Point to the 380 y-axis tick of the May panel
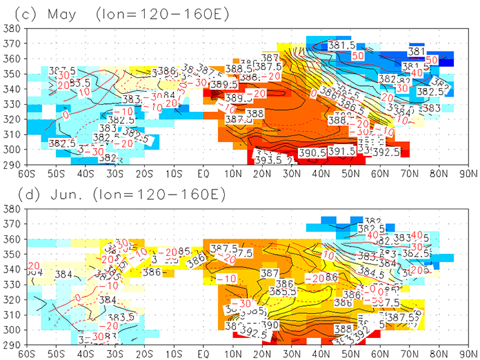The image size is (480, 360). click(x=10, y=29)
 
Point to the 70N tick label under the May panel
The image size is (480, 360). click(x=411, y=175)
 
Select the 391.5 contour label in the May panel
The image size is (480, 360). click(x=342, y=152)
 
